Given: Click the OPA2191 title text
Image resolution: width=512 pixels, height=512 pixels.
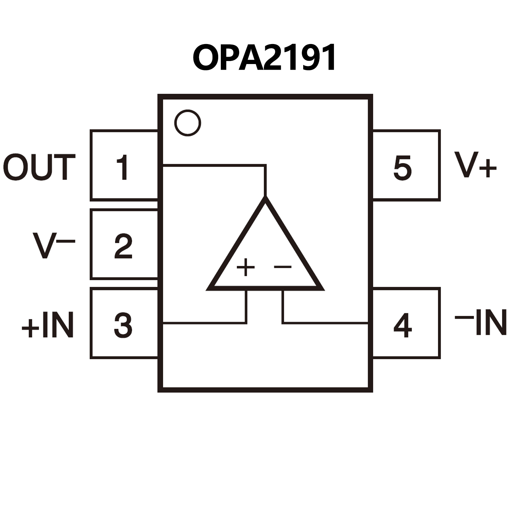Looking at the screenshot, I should coord(265,58).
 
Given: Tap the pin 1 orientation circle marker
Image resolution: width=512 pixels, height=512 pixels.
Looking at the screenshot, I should coord(187,123).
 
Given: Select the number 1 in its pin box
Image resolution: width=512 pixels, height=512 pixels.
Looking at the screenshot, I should coord(123,167).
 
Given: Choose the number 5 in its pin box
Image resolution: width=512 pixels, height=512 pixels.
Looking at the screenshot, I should coord(403,167).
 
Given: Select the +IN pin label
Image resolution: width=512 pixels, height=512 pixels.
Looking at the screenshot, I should coord(47,325).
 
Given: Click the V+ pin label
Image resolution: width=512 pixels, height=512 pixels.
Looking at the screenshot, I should coord(475,165).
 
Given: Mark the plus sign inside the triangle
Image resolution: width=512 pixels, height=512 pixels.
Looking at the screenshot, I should coord(246,267).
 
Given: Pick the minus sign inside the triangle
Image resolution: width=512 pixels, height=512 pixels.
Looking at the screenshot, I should coord(283,267).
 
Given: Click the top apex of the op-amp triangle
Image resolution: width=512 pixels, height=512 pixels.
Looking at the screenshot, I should coord(265,199).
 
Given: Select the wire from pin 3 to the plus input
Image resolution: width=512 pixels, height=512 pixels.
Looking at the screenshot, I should coord(203,323).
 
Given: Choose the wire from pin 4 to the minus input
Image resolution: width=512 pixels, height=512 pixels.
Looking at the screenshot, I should coord(324,323).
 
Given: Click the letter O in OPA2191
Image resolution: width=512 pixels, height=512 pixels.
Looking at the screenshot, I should coord(205,58).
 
